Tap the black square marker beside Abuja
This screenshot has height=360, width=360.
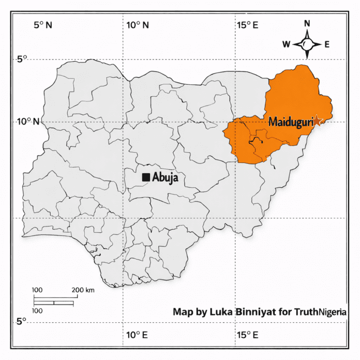click(146, 177)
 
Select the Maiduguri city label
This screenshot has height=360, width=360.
click(291, 122)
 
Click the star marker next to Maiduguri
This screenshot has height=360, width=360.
click(318, 121)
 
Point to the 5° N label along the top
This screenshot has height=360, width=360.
click(43, 25)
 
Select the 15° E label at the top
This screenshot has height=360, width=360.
click(248, 25)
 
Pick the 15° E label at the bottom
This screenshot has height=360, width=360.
click(248, 335)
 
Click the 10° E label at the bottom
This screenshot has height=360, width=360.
click(137, 335)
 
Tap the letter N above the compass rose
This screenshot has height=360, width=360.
click(307, 23)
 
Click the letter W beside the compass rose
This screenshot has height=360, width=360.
click(286, 44)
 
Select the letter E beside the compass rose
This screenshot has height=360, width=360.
click(327, 44)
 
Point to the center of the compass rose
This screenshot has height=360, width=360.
click(307, 44)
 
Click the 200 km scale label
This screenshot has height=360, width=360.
click(83, 290)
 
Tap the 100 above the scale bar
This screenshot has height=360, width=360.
click(37, 290)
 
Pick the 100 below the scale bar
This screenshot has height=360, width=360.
click(37, 311)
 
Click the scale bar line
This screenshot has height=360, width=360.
click(54, 301)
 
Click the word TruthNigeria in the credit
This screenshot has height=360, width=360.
click(321, 312)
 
